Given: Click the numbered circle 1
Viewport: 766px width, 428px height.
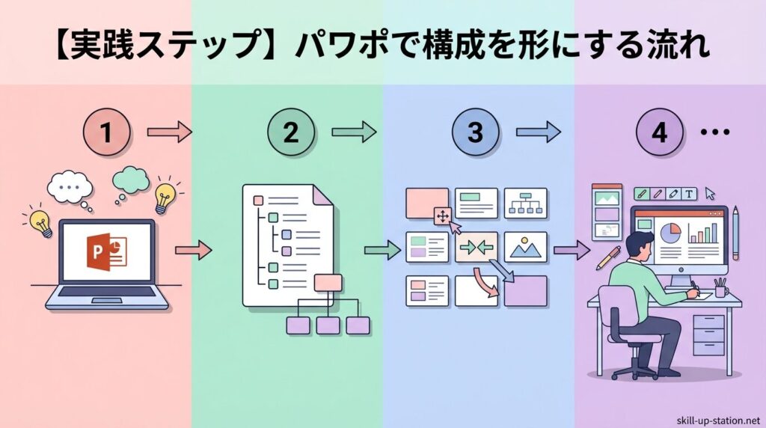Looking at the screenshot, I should point(106,133).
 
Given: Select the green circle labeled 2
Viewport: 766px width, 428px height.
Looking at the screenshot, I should point(291,133).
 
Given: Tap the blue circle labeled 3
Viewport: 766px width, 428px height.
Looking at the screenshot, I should point(475,133).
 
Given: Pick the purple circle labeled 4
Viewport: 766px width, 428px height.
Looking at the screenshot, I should point(659,133).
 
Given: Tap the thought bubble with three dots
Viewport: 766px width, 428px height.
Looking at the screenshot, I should point(70,184).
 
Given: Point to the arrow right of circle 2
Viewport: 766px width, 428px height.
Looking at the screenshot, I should point(352,133).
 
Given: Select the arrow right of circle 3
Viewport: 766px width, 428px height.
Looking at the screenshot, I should point(537,133).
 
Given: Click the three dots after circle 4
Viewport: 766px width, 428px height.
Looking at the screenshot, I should point(714,133).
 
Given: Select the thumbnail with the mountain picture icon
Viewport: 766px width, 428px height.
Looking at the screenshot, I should point(527,247).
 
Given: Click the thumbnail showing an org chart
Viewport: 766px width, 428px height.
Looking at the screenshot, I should point(527,203).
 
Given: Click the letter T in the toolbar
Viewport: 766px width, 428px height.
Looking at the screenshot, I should point(689,194).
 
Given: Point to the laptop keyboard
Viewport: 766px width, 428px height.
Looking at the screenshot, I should point(106,293).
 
